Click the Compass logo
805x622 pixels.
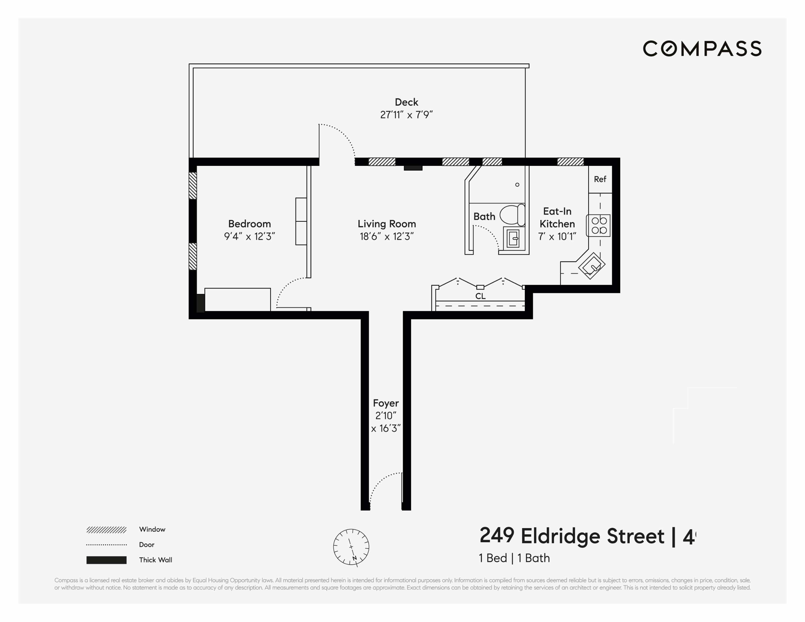(x=702, y=49)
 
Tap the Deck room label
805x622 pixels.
(x=406, y=102)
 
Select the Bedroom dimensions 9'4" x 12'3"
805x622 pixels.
(x=250, y=236)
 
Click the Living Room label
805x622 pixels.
(x=387, y=224)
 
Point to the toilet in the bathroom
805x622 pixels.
(x=512, y=215)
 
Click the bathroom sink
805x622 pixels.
(x=513, y=238)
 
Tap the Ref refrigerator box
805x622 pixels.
(x=600, y=179)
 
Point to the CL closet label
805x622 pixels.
(x=480, y=296)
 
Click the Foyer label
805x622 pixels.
(x=386, y=403)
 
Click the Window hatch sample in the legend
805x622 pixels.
(x=106, y=530)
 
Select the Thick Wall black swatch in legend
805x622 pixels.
(x=106, y=560)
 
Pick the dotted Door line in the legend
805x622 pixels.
(x=106, y=545)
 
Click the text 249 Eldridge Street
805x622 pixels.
(x=571, y=536)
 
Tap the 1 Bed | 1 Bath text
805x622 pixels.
(x=514, y=558)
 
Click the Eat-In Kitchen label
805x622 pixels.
(x=557, y=217)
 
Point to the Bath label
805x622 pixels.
(x=484, y=217)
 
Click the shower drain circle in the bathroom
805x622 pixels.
(x=517, y=185)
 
